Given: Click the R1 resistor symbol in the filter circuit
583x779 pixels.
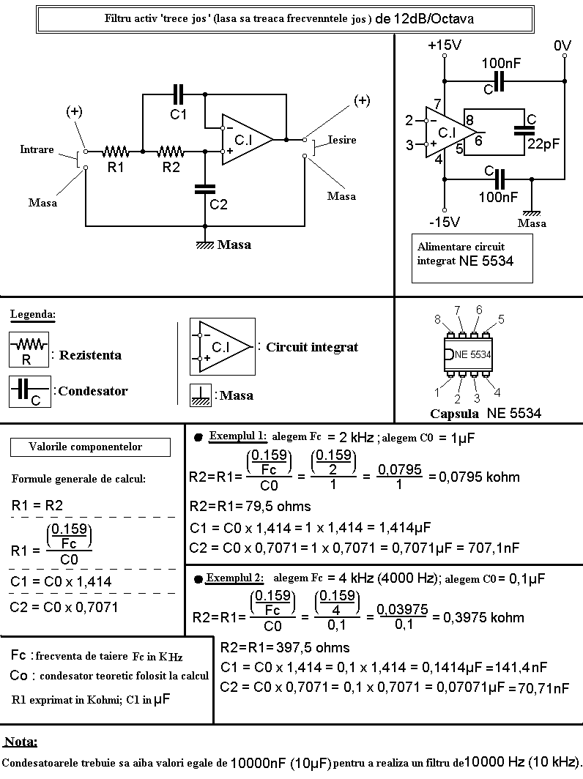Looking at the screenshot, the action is coord(116,151).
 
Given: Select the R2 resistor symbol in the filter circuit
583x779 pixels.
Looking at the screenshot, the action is coord(171,151).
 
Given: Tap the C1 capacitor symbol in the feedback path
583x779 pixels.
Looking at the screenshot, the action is coord(178,94).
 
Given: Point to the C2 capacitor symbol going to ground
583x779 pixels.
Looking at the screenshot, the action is coord(205,190).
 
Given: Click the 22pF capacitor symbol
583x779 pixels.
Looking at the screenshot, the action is coord(524,130).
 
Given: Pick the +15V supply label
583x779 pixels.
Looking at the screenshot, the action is coord(445,45).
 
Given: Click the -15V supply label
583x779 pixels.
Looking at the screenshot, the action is coord(445,222).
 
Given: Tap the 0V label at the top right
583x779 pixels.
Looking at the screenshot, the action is coord(562,45).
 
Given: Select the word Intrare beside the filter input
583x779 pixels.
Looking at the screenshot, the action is coord(37,149).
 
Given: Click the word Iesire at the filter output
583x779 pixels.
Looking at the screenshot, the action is coord(342,140).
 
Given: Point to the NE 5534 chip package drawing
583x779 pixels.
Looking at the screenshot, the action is coord(468,354).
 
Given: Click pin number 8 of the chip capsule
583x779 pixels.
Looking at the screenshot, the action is coord(437,319).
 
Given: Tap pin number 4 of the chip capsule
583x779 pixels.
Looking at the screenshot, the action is coord(497,392).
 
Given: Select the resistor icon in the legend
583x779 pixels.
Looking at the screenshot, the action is coord(29,350).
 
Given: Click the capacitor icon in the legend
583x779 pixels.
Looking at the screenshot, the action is coord(30,392).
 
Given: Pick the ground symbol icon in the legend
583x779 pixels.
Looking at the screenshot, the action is coord(200,395).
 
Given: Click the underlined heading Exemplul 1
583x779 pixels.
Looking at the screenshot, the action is coord(237,436).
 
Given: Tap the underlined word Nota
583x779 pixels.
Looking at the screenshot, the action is coord(21,742).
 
